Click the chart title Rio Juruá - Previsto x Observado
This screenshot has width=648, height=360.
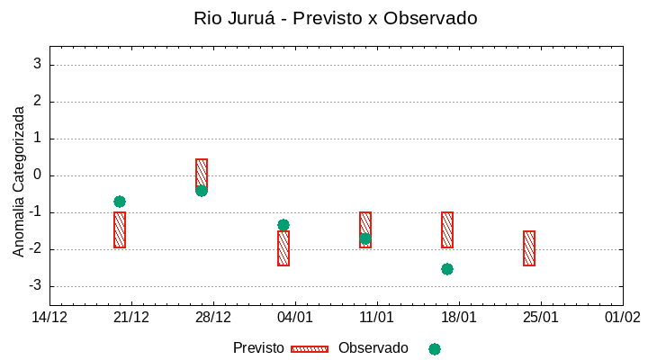[x=335, y=18]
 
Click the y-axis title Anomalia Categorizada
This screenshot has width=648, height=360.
[x=19, y=181]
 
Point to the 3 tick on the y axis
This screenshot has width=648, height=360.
[x=37, y=64]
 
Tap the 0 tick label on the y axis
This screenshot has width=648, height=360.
[x=37, y=175]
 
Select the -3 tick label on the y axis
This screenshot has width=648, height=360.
[x=34, y=286]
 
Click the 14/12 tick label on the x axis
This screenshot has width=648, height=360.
[x=50, y=317]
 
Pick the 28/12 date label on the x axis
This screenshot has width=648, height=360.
[x=213, y=317]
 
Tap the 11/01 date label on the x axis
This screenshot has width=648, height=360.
[x=377, y=317]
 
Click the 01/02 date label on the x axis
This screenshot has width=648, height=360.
[x=622, y=317]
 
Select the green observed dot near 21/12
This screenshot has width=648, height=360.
[x=120, y=202]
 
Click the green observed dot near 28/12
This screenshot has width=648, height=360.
[x=202, y=190]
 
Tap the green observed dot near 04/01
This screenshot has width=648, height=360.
[x=283, y=225]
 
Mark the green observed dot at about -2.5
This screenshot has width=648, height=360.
[x=447, y=269]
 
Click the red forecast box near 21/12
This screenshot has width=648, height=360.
[x=120, y=230]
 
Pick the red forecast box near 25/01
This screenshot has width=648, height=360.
[x=529, y=248]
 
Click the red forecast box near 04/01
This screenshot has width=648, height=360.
[x=283, y=249]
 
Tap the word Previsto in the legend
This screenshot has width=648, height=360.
[x=258, y=348]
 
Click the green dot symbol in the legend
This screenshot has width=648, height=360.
[x=435, y=349]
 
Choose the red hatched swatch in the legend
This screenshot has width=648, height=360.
[x=310, y=349]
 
